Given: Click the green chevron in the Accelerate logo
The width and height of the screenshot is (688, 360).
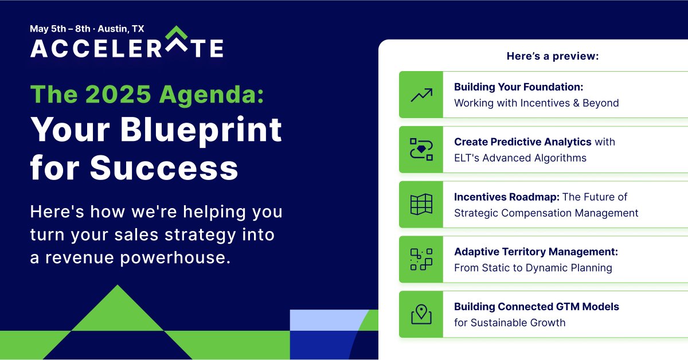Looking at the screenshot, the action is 177,32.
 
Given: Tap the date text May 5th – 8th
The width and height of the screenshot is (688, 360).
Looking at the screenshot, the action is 60,29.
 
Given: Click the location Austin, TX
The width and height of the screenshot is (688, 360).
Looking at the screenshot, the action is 121,29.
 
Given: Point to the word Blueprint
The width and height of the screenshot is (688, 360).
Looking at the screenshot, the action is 201,131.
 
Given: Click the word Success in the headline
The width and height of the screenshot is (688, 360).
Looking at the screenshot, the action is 164,167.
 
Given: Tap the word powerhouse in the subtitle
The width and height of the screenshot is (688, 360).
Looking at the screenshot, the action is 175,258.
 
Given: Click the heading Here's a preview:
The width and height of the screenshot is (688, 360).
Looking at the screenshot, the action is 553,56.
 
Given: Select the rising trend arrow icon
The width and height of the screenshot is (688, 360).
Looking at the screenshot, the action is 421,95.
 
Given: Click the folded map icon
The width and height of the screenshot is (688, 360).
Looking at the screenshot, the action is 421,204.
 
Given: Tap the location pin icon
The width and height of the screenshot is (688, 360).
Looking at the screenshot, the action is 421,314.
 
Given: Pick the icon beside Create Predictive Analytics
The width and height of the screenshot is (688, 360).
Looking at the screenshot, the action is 421,149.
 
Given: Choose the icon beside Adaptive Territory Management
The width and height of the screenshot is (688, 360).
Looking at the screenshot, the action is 421,259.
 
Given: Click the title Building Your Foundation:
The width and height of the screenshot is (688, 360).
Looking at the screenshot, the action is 518,87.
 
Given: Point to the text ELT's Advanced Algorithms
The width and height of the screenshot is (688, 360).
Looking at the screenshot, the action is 521,158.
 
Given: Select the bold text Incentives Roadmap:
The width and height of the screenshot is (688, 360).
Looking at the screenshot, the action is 507,197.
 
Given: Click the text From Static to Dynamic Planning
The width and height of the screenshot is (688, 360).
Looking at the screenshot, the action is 533,268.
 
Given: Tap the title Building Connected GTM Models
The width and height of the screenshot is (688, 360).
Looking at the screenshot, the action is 537,307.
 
